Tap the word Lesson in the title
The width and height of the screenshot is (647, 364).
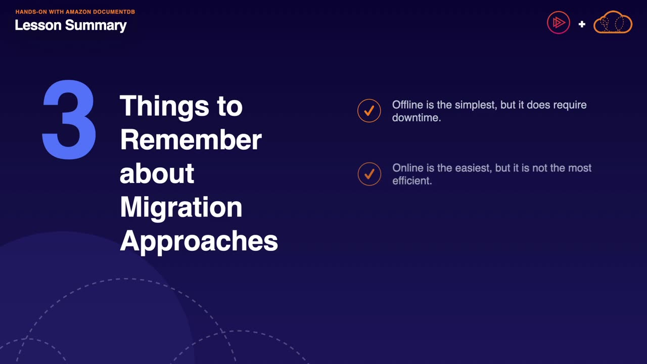click(x=38, y=25)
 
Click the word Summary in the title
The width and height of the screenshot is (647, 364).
click(x=96, y=26)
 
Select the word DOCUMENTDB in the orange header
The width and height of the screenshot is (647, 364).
click(x=114, y=12)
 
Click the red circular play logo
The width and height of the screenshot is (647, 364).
click(x=559, y=23)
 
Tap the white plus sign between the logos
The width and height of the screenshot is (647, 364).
click(x=582, y=24)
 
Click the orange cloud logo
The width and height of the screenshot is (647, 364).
click(x=613, y=22)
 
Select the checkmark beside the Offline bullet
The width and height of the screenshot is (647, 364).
click(x=369, y=111)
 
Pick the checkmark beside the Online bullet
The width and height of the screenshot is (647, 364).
click(x=369, y=174)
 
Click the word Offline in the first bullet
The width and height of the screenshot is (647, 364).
click(x=407, y=105)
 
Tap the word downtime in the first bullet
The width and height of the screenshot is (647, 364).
click(x=416, y=118)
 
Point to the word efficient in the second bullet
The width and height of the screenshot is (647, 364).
click(x=412, y=180)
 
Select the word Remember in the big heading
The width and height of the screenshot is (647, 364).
click(x=191, y=140)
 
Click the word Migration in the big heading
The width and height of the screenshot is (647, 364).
click(x=181, y=208)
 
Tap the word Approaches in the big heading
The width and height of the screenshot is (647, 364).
click(x=199, y=242)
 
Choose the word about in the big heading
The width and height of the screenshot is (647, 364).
click(x=157, y=173)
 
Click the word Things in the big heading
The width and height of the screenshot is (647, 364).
click(x=164, y=107)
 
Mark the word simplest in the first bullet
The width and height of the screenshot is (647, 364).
click(x=476, y=105)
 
